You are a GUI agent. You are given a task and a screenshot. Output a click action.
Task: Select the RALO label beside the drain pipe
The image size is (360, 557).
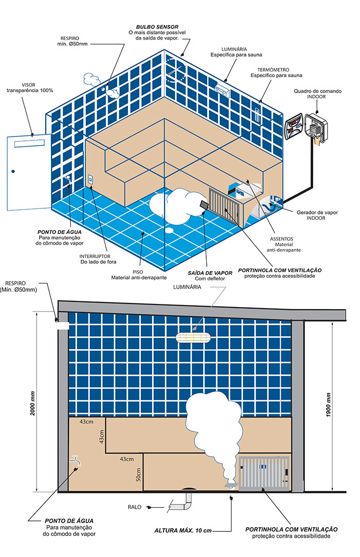click(x=135, y=507)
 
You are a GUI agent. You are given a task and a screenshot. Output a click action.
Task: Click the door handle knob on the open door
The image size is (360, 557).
click(x=14, y=171)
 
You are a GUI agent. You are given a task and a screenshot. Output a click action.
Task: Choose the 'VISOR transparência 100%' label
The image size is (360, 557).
click(x=30, y=87)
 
